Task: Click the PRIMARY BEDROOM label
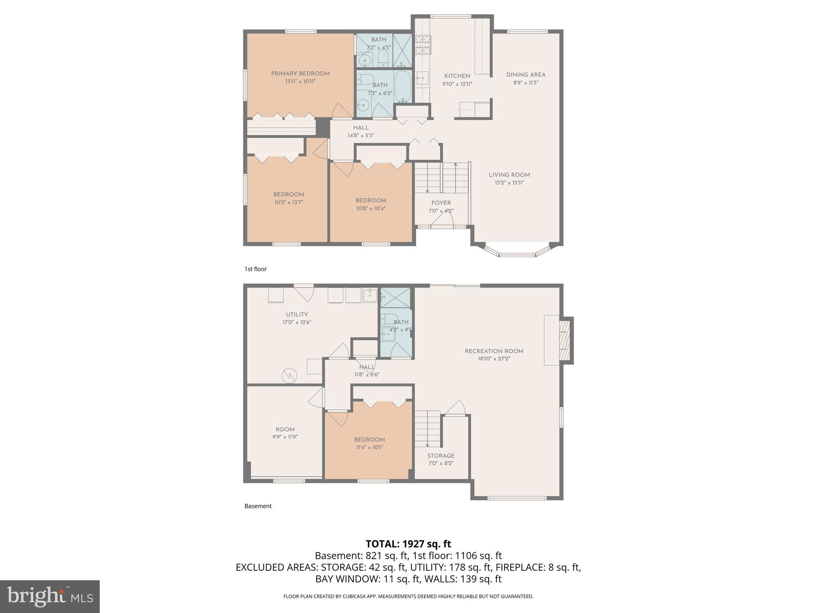(x=300, y=73)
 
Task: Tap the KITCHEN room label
(x=457, y=76)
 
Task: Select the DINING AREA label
(x=525, y=75)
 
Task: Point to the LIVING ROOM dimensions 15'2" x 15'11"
(x=509, y=183)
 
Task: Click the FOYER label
(x=441, y=203)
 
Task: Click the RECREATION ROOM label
(x=494, y=351)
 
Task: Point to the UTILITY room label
(x=297, y=314)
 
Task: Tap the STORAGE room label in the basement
(x=441, y=456)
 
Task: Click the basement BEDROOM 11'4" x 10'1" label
(x=369, y=440)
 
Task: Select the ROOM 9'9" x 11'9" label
(x=285, y=429)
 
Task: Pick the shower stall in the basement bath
(x=395, y=298)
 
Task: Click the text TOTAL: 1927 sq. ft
(x=408, y=544)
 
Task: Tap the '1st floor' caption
(x=255, y=269)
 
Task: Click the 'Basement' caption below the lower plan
(x=258, y=506)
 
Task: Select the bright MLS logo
(x=50, y=597)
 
